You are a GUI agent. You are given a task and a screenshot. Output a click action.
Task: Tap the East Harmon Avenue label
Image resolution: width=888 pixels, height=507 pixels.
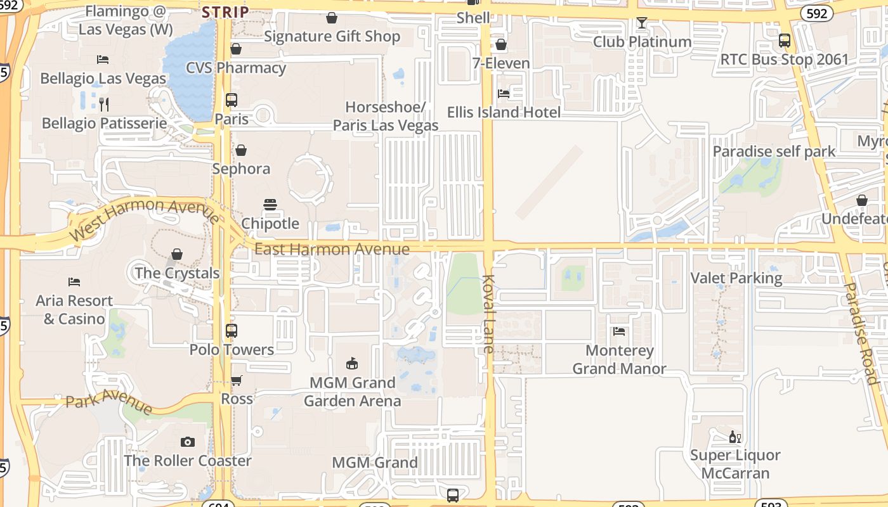(332, 249)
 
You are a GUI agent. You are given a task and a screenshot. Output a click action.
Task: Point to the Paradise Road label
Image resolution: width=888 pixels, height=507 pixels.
(860, 333)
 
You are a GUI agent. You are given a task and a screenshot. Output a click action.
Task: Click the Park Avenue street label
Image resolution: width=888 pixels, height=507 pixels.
(109, 401)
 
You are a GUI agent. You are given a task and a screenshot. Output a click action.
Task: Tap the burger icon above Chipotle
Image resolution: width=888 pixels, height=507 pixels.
(270, 205)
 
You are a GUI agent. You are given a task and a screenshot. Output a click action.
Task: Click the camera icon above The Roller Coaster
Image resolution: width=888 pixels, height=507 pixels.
(187, 442)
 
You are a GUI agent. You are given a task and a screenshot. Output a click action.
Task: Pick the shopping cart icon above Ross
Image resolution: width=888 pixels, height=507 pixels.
(237, 380)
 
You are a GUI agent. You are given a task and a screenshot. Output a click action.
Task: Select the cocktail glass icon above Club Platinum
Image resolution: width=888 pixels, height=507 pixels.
(642, 23)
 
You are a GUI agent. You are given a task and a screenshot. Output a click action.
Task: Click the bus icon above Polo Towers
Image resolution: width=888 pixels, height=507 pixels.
(232, 330)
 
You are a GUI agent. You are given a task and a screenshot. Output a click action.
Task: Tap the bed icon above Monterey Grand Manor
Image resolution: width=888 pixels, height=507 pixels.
(619, 331)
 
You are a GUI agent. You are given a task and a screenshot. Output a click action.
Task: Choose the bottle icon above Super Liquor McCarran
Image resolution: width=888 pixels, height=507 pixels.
(735, 437)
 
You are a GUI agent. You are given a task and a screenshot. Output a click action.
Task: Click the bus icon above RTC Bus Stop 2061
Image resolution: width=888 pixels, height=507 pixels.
(785, 41)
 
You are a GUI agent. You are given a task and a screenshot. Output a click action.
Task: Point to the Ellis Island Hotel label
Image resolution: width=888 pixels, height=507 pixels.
(504, 113)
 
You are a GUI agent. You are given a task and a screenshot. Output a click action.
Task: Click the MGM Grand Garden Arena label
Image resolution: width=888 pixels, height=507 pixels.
(352, 392)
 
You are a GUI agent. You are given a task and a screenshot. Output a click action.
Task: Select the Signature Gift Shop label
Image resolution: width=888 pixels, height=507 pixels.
(332, 37)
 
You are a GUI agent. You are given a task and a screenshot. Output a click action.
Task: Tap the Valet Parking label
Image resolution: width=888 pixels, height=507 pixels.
(736, 278)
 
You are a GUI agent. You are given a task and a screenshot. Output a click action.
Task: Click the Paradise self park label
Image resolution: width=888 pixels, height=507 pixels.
(774, 151)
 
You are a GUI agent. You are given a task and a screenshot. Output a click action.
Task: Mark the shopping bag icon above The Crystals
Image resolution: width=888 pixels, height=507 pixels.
(177, 254)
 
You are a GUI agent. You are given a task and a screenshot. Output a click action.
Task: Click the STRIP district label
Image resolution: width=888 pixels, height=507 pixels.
(225, 12)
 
